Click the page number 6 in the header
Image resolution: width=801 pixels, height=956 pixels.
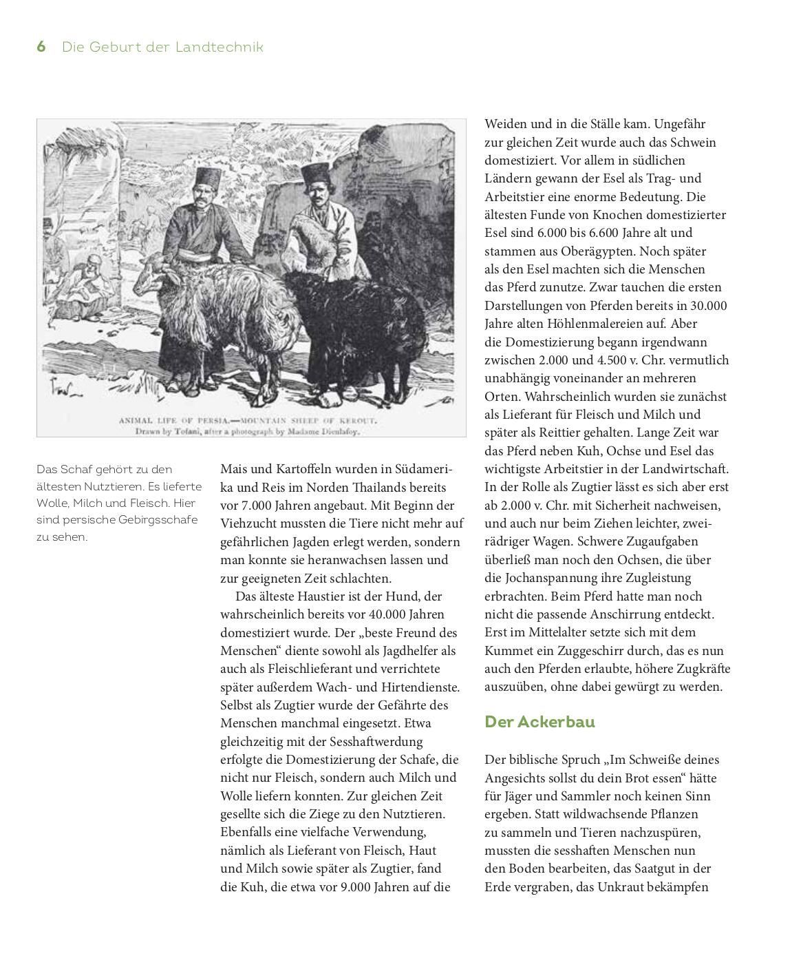coord(41,47)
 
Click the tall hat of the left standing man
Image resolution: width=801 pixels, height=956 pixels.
coord(204,179)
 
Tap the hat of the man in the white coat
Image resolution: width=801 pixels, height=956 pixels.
coord(316,173)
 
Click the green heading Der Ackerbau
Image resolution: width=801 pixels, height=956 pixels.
coord(540,722)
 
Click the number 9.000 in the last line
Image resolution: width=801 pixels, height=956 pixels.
coord(358,887)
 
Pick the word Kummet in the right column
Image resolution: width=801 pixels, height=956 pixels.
coord(510,650)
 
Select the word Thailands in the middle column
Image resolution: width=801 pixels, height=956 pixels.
coord(386,487)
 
